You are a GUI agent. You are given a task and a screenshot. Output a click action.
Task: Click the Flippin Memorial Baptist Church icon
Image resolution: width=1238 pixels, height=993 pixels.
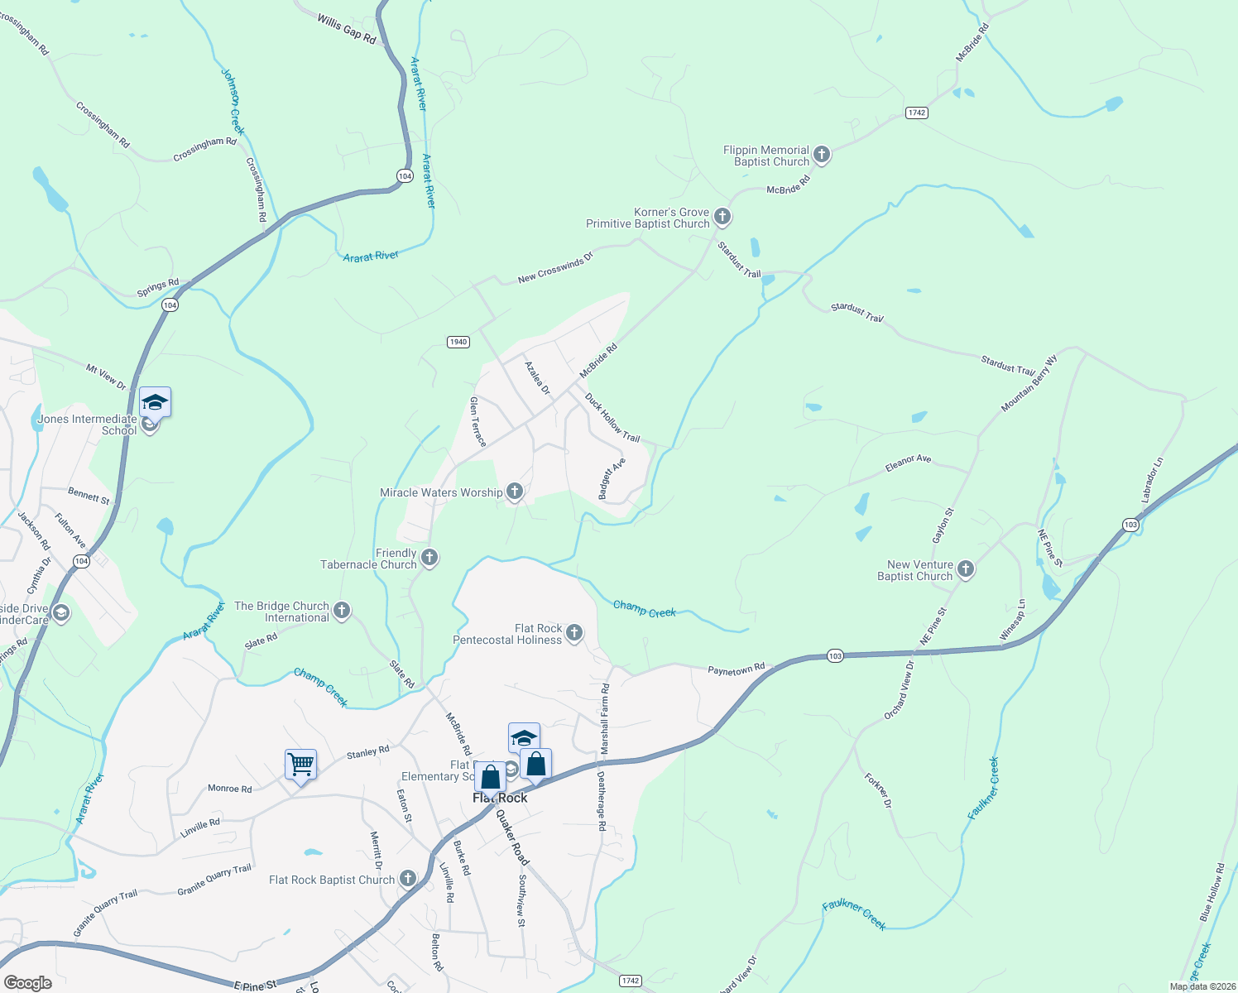pos(822,154)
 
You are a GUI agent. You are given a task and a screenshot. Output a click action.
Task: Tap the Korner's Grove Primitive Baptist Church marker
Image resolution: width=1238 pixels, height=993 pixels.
pos(722,218)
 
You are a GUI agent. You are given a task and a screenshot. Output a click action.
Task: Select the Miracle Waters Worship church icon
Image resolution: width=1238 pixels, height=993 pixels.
pos(515,492)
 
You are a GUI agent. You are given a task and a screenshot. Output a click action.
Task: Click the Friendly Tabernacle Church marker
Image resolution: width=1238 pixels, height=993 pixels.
pos(429,558)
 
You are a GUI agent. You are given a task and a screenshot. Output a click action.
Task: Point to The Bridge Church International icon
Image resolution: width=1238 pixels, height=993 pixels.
pos(342,612)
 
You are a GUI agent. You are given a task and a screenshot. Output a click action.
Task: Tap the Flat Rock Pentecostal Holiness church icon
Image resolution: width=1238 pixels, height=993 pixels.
pos(574,634)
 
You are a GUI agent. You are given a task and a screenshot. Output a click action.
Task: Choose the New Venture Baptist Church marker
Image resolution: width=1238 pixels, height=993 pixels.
pos(966,569)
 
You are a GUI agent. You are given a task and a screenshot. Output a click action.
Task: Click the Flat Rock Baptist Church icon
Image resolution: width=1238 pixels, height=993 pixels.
pos(407,879)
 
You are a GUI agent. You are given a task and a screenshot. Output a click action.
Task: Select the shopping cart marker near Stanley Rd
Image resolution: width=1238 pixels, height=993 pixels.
pos(300,764)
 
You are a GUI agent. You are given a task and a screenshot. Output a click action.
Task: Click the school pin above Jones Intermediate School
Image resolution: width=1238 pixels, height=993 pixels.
pos(155,403)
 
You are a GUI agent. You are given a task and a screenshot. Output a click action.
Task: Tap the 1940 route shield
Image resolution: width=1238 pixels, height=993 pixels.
pos(458,342)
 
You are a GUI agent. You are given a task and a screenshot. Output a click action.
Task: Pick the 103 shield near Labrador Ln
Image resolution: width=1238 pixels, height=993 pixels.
pos(1131,525)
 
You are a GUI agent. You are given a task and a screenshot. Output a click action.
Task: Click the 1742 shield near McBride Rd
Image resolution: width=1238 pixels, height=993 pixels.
pos(916,113)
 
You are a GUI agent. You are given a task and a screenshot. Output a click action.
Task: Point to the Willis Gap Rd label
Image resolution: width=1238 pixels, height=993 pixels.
pos(346,28)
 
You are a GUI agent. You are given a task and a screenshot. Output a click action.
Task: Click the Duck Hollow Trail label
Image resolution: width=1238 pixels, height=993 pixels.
pos(612,417)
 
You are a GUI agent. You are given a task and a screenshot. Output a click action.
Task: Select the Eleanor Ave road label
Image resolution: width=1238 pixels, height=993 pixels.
pos(908,463)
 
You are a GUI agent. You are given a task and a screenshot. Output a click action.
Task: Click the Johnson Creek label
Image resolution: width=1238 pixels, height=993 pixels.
pos(233,101)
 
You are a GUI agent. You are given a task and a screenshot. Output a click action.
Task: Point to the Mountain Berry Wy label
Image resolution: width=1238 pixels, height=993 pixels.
pos(1029,384)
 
